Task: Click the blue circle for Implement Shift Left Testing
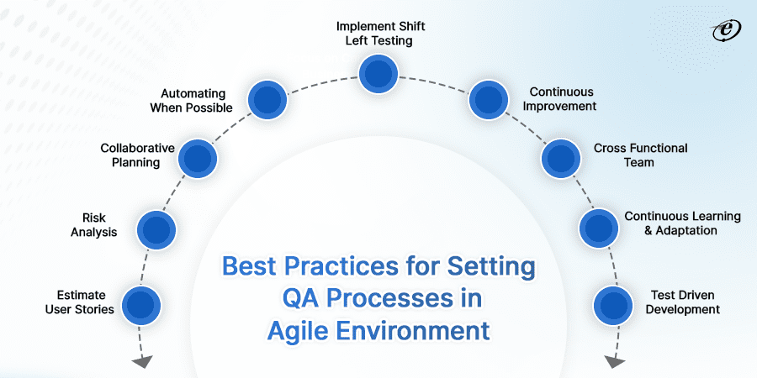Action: pos(378,74)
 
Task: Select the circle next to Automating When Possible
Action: pos(267,100)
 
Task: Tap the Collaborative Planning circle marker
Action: pos(198,158)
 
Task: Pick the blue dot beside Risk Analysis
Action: pos(156,229)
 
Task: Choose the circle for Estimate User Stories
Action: pos(141,305)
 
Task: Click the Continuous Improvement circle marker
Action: pos(489,100)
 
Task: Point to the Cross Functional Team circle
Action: pos(560,158)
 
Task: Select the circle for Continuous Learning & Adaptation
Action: pos(599,228)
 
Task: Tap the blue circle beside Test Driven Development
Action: pos(612,305)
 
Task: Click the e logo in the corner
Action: pos(727,31)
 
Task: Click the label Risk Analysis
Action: pos(94,225)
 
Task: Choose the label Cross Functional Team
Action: pos(640,155)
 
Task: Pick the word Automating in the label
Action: pos(193,93)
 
